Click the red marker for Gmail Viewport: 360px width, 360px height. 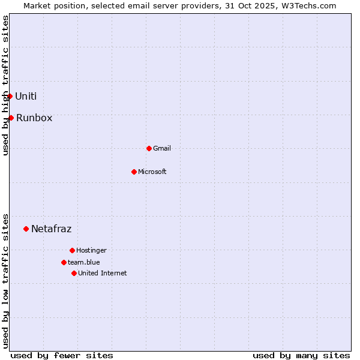[x=149, y=148]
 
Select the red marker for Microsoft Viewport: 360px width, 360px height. [x=134, y=172]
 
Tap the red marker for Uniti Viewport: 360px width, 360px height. [x=10, y=96]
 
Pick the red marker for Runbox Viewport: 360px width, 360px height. [x=11, y=118]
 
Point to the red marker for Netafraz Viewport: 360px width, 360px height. [x=26, y=229]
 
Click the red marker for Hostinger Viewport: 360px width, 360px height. [x=72, y=250]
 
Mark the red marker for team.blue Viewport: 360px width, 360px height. [x=64, y=262]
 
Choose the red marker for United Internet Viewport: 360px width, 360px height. [x=74, y=273]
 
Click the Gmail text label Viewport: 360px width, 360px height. [x=162, y=148]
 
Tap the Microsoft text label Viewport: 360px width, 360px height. [x=152, y=172]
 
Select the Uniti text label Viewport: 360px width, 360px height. [x=26, y=96]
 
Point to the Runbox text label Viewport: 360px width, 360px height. [x=34, y=118]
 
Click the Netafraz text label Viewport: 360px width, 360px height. [x=51, y=229]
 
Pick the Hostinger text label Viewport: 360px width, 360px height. [x=91, y=250]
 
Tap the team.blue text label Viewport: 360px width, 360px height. [x=84, y=262]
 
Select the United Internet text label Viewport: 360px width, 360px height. [x=103, y=273]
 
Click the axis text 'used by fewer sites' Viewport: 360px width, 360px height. [x=62, y=355]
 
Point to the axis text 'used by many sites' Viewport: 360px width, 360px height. [x=301, y=355]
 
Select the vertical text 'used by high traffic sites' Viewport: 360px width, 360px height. [x=5, y=85]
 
